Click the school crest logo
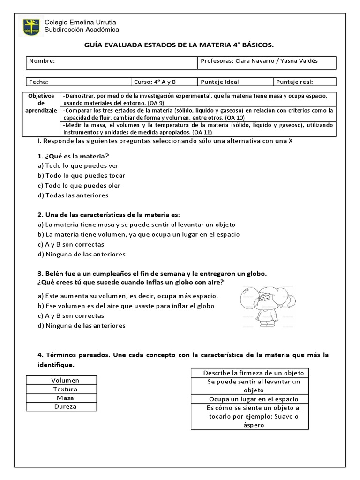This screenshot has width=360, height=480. coord(31,26)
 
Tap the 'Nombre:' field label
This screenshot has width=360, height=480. coord(42,61)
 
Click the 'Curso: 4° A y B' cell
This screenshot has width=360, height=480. coord(155,82)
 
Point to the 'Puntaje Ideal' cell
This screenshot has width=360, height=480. coord(219,82)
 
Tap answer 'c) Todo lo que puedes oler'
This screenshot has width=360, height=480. coord(80,185)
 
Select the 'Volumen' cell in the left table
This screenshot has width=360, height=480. coord(61,380)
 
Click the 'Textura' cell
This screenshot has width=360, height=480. coord(61,389)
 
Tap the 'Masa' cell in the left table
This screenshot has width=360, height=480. coord(61,397)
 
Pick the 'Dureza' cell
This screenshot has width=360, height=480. coord(61,406)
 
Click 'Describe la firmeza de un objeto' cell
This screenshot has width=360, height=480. coord(250,373)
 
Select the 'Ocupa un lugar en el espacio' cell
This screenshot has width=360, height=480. coord(250,399)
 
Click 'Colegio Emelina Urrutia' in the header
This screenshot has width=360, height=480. coord(80,22)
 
